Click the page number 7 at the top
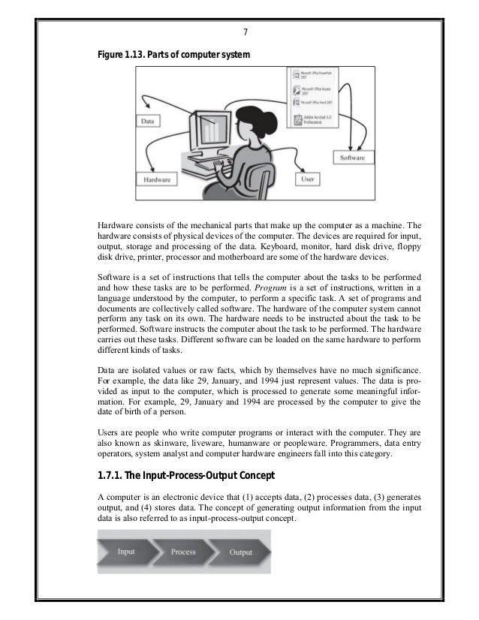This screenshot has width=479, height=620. (x=246, y=32)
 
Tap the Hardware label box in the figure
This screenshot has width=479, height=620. (x=157, y=180)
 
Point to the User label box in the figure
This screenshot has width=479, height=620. (x=306, y=180)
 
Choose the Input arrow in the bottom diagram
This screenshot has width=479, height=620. (x=128, y=552)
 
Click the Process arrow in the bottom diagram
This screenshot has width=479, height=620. (x=183, y=552)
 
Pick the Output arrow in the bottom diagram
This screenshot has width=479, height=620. (x=241, y=552)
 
